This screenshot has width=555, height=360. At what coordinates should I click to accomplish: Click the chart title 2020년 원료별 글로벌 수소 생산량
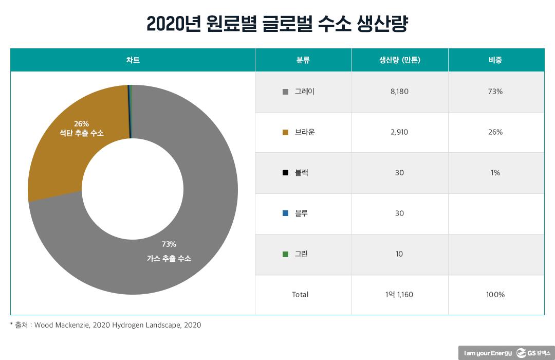277,24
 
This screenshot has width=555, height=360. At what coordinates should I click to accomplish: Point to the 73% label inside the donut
169,244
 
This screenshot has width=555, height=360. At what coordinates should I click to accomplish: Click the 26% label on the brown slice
81,123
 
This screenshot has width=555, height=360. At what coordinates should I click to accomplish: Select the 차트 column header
133,60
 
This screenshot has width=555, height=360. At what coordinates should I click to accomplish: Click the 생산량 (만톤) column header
399,60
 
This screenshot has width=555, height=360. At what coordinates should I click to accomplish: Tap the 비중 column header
495,60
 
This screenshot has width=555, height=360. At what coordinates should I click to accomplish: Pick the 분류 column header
303,60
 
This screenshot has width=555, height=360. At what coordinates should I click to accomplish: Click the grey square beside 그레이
285,92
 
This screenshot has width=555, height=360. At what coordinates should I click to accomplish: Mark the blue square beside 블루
285,213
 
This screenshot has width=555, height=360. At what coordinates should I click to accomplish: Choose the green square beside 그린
285,254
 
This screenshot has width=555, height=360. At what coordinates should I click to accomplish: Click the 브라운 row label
305,132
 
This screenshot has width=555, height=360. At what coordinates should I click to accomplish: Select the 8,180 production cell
399,92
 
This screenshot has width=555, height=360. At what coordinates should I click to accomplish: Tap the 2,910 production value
399,132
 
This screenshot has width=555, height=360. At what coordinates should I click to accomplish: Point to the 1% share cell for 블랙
495,173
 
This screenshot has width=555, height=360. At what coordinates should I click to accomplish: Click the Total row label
300,295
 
